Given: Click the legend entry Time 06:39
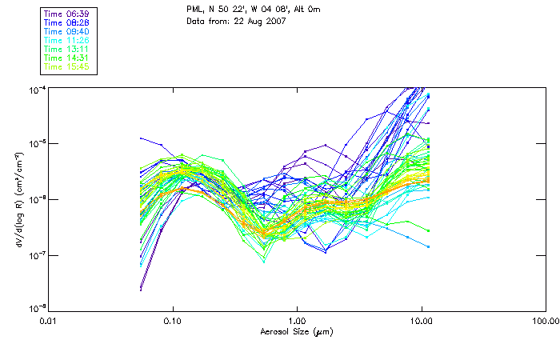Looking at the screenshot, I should (67, 14).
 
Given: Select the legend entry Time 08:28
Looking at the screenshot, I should (67, 22).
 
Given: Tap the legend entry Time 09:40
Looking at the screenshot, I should (67, 31).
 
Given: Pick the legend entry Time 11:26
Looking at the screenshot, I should (67, 40).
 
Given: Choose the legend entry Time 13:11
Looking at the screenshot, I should (67, 49).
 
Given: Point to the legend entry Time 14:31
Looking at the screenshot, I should (67, 58).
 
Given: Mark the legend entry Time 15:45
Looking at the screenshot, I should (67, 66).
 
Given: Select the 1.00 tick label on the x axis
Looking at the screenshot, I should (297, 320).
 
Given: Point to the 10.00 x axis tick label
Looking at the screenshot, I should (421, 320).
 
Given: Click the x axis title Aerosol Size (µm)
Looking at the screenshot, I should (297, 331).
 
